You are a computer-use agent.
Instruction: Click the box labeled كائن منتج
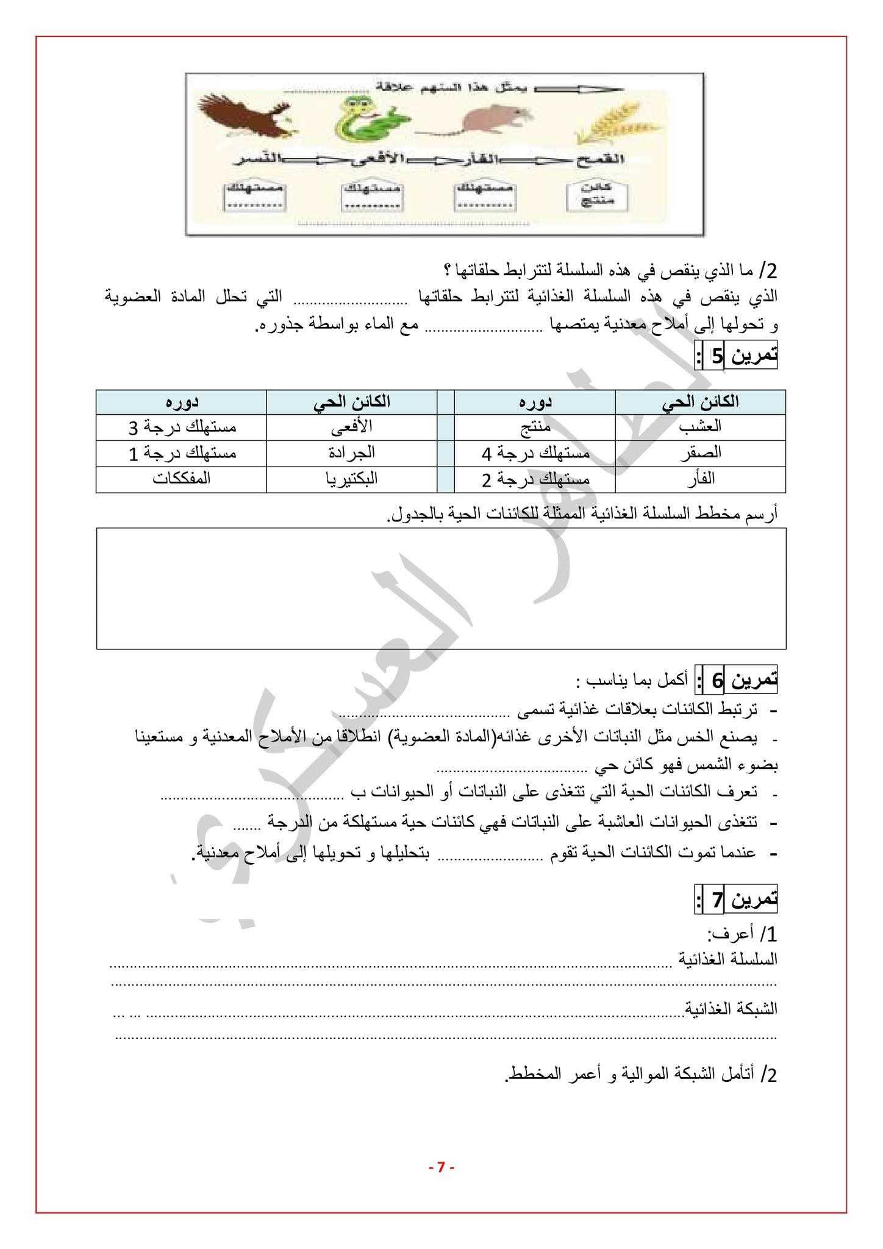pyautogui.click(x=589, y=195)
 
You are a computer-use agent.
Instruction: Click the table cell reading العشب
pyautogui.click(x=700, y=427)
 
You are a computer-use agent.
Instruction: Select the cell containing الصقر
pyautogui.click(x=700, y=453)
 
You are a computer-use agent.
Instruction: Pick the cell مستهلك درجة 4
pyautogui.click(x=535, y=453)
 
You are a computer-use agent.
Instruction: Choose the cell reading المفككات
pyautogui.click(x=181, y=479)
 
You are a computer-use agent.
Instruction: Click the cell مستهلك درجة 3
pyautogui.click(x=182, y=427)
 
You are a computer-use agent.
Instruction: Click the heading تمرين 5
pyautogui.click(x=737, y=356)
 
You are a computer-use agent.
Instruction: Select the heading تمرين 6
pyautogui.click(x=737, y=680)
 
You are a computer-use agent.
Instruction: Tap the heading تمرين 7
pyautogui.click(x=737, y=900)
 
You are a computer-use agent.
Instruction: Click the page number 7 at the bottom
pyautogui.click(x=441, y=1168)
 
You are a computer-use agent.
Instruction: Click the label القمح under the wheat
pyautogui.click(x=601, y=160)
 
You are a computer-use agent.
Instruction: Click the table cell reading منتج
pyautogui.click(x=535, y=427)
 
